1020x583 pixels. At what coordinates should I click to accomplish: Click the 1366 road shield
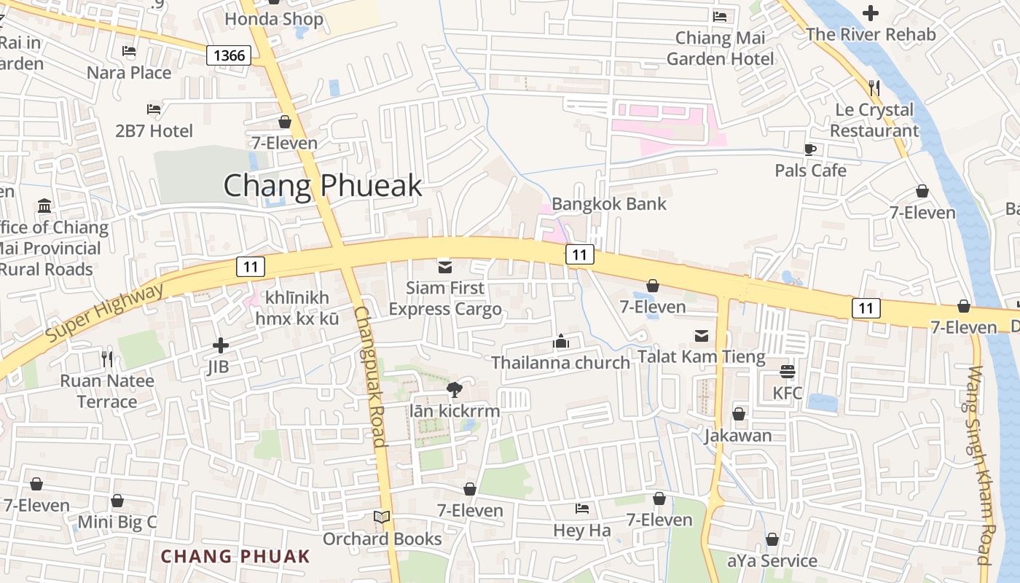pos(229,55)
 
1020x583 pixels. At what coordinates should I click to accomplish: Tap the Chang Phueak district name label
pos(322,186)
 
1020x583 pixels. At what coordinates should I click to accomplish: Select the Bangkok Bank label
pos(608,204)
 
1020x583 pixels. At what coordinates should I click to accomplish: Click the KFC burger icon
pos(787,372)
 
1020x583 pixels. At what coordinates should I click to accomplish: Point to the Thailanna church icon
pos(560,341)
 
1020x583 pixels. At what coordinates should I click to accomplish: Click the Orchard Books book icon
pos(382,517)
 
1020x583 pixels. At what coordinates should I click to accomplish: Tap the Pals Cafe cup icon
pos(809,149)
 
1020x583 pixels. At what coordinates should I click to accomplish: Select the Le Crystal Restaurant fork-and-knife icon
pos(874,88)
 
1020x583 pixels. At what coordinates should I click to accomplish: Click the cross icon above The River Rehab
pos(870,12)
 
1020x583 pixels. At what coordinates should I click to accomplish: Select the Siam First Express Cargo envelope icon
pos(444,267)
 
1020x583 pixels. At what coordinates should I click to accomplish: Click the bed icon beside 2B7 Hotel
pos(154,109)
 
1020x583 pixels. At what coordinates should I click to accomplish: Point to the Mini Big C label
pos(117,522)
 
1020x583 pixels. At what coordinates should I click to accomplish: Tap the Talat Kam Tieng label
pos(701,357)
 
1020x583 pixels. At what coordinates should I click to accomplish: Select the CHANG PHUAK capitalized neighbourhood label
pos(235,557)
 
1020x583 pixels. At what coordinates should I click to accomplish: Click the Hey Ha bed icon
pos(581,509)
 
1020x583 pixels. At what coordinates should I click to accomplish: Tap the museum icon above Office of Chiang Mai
pos(44,206)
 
